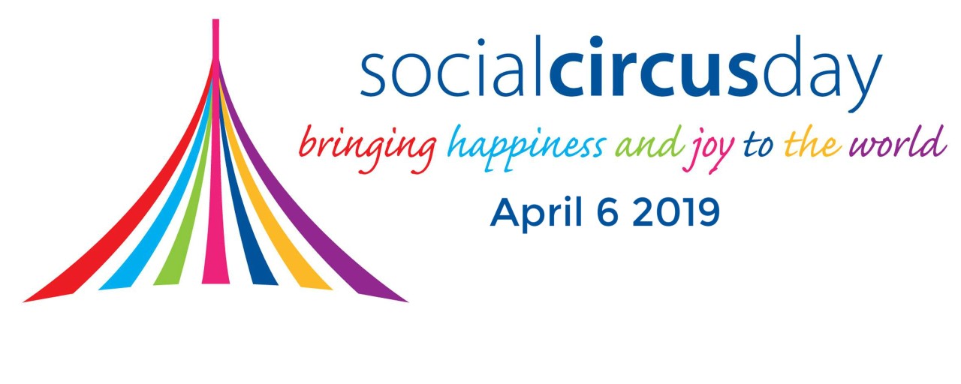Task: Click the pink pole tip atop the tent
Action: pyautogui.click(x=215, y=38)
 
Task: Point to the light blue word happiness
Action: pyautogui.click(x=526, y=148)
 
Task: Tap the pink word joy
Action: pyautogui.click(x=708, y=151)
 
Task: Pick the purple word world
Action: pyautogui.click(x=897, y=142)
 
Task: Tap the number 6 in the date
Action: pyautogui.click(x=608, y=212)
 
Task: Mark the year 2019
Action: pyautogui.click(x=676, y=212)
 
